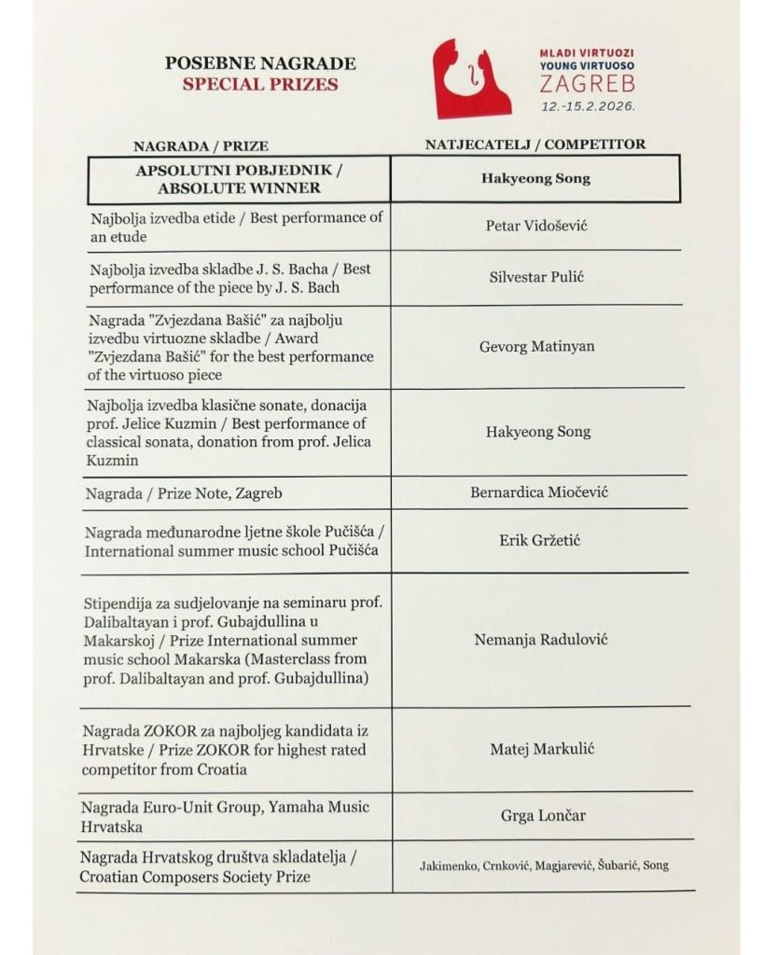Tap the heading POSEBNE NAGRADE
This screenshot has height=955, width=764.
260,64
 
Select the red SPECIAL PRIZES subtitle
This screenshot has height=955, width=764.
260,84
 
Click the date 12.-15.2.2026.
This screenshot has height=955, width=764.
589,106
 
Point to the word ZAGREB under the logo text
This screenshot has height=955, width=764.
588,87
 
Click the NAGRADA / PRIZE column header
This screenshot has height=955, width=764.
201,146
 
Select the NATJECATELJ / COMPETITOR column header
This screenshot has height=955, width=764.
535,145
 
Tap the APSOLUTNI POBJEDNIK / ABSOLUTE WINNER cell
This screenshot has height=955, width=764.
240,180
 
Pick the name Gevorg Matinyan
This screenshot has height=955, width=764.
536,347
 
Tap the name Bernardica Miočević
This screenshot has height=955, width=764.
538,492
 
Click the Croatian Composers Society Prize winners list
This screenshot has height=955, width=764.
543,865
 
